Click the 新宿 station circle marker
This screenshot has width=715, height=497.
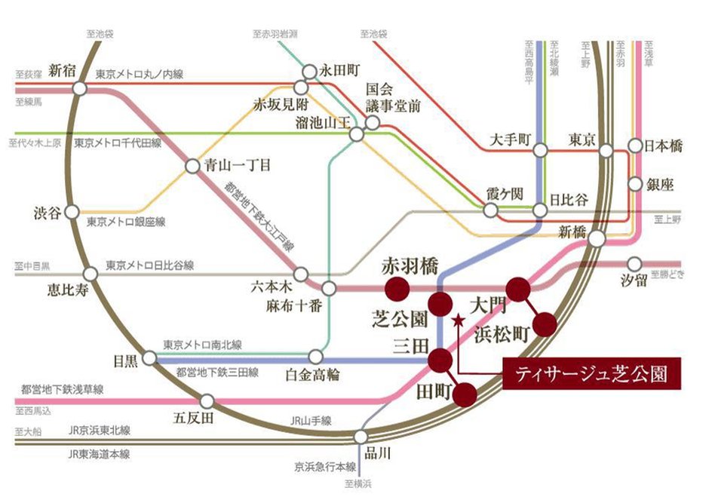point(79,88)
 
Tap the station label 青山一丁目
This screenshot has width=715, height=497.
point(238,164)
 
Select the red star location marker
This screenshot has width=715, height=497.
point(457,321)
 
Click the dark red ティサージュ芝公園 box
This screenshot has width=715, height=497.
point(591,373)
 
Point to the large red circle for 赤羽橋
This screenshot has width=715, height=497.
point(396,288)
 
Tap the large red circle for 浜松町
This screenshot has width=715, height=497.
point(545,324)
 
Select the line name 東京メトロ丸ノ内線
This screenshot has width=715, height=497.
point(140,75)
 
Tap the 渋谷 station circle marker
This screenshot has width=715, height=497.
point(72,212)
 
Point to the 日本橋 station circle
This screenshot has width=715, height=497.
point(635,148)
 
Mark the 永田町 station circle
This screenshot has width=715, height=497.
point(309,72)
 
